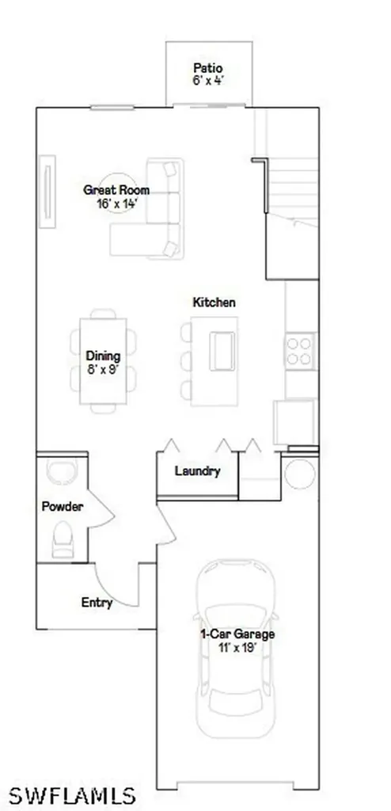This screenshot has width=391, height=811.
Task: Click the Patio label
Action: coord(208,68)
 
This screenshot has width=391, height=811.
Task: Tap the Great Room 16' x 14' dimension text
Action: coord(116,204)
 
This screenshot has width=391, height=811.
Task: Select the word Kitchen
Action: coord(214,302)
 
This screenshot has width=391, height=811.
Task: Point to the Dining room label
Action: coord(103,356)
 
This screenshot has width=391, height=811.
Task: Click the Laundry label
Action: coord(198,471)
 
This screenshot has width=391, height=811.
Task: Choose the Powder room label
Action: coord(62,506)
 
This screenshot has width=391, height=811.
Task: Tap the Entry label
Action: coord(97,603)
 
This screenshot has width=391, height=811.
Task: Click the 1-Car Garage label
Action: coord(237,634)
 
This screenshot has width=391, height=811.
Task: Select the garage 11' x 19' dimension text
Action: coord(237,648)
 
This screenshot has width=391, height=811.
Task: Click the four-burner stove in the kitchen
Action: coord(301,351)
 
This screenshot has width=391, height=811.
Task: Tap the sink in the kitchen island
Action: coord(222,352)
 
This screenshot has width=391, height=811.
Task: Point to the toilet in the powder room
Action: coord(63,539)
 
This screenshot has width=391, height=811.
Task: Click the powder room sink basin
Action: coord(62,470)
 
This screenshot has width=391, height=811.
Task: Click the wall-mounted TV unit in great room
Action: coord(47,191)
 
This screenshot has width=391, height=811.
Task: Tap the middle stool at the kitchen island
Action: coord(186,361)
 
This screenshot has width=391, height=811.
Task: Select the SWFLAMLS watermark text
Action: coord(72,794)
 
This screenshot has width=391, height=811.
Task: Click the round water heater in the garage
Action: coord(300,474)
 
